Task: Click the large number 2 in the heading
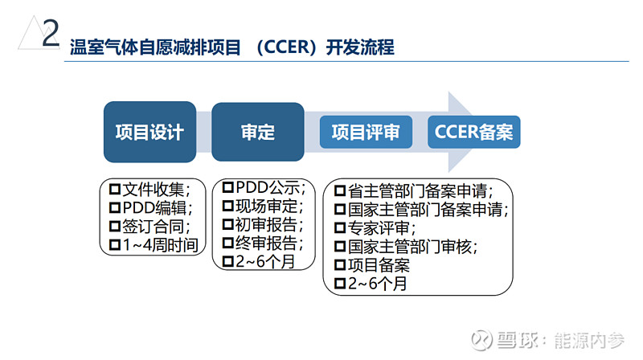pos(50,35)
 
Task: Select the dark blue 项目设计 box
pos(149,132)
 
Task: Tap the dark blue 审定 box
pos(258,132)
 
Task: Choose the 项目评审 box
pos(366,132)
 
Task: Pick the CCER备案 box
pos(474,132)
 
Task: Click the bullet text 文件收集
pos(156,190)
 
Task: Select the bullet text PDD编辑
pos(156,207)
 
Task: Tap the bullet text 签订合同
pos(156,226)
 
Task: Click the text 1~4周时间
pos(159,244)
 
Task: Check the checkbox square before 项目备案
pos(339,265)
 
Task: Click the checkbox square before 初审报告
pos(227,224)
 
